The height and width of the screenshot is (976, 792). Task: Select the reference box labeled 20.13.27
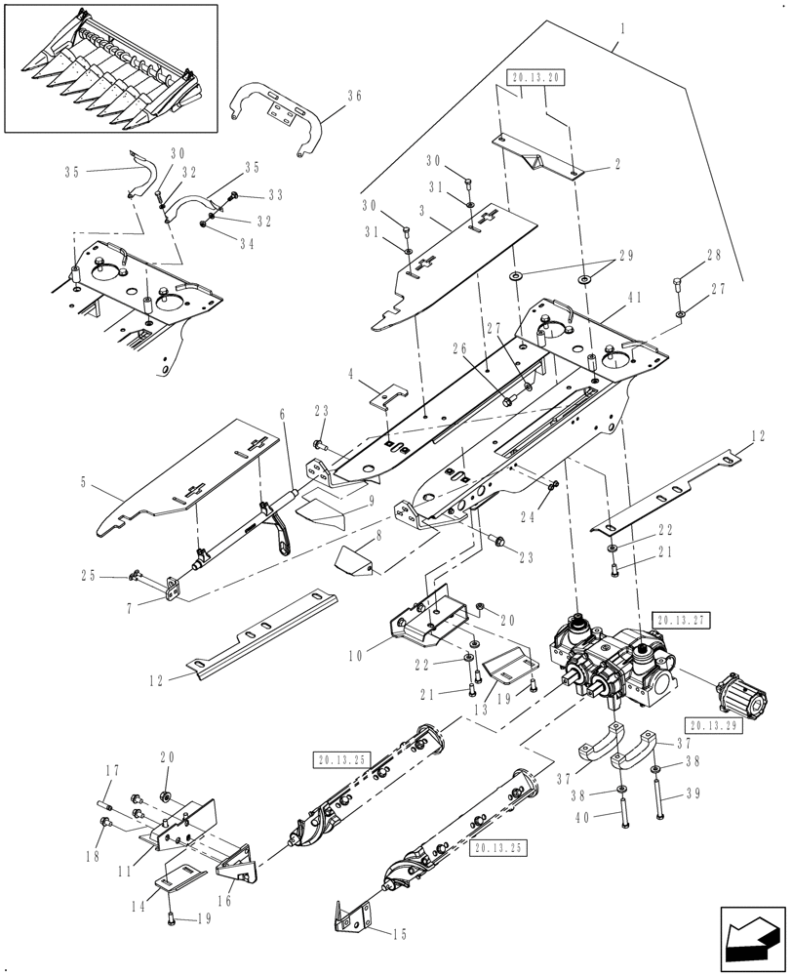point(679,618)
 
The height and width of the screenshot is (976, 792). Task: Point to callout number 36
point(353,95)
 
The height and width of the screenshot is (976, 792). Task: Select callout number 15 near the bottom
point(400,934)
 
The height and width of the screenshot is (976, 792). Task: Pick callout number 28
point(715,255)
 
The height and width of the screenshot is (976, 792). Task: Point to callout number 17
point(112,771)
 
